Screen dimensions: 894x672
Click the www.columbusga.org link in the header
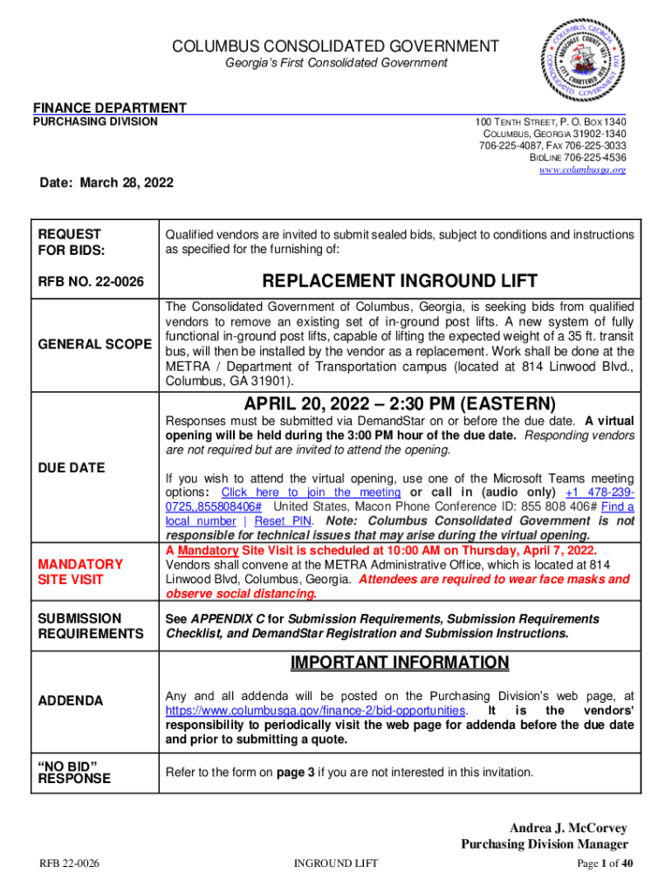pyautogui.click(x=582, y=170)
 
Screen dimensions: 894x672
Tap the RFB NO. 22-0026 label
pyautogui.click(x=91, y=282)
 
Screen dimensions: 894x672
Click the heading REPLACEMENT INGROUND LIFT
pyautogui.click(x=400, y=281)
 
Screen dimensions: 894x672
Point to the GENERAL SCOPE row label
pyautogui.click(x=94, y=345)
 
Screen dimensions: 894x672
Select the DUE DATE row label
pyautogui.click(x=71, y=468)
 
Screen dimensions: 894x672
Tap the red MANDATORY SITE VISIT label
pyautogui.click(x=79, y=572)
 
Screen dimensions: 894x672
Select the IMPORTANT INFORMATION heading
pyautogui.click(x=400, y=664)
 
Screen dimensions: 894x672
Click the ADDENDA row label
pyautogui.click(x=70, y=701)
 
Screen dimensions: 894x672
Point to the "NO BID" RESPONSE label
pyautogui.click(x=74, y=772)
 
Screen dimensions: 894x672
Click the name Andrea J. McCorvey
pyautogui.click(x=568, y=828)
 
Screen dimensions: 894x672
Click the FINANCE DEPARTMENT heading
pyautogui.click(x=109, y=107)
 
